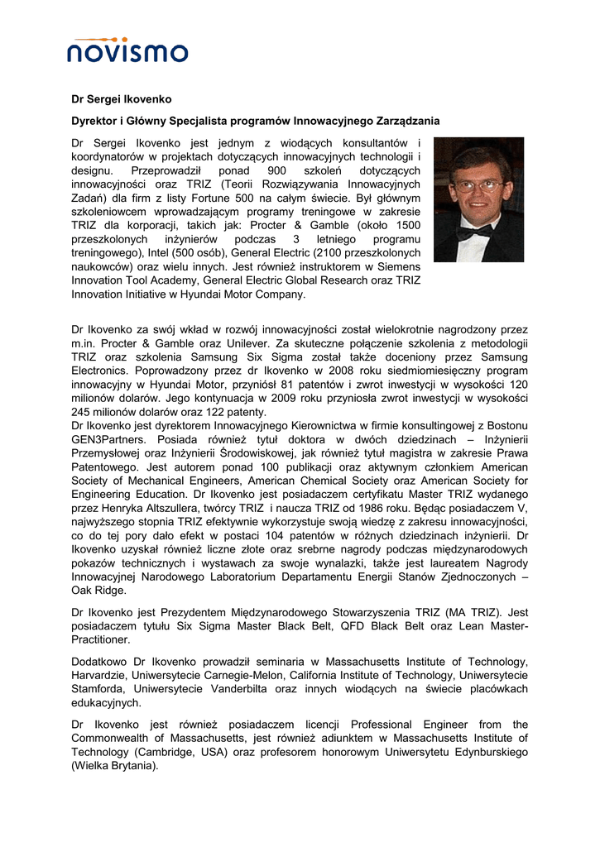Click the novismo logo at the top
coord(127,51)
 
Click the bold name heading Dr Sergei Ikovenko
coord(121,99)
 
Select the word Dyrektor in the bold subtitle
coord(95,121)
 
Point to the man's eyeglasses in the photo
coord(478,186)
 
